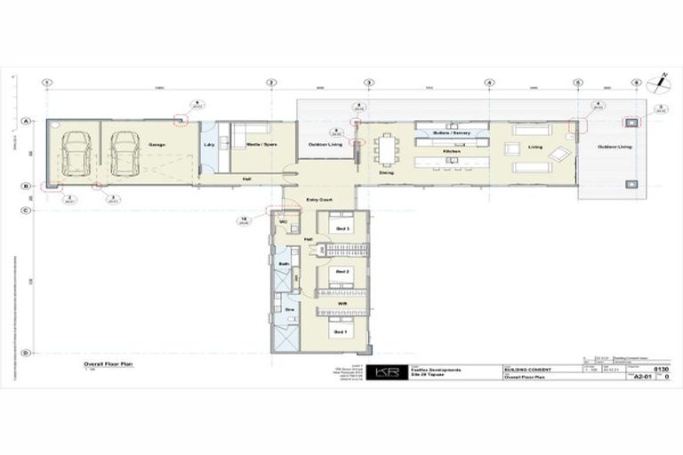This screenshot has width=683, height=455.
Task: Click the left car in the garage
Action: pos(76,155)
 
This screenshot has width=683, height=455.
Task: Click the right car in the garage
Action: pos(125,154)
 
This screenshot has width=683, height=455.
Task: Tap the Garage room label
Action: pos(157,144)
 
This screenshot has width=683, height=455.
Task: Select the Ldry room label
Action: pos(209,144)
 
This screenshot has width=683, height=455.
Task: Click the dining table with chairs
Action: pos(385,148)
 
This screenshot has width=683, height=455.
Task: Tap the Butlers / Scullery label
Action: pos(451,132)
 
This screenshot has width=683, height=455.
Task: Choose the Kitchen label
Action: pos(451,152)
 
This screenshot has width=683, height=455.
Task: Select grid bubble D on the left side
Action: pos(26,353)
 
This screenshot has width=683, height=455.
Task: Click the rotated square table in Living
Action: pos(557,154)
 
